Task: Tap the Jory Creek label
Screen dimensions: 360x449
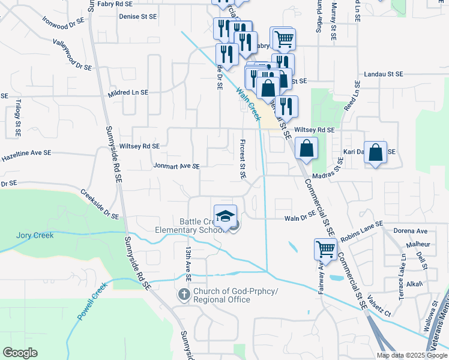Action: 35,235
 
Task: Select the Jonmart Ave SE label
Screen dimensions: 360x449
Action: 176,166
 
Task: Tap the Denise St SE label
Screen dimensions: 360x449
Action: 137,17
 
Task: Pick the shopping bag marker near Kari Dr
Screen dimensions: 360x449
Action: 376,152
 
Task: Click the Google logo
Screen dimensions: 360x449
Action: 20,353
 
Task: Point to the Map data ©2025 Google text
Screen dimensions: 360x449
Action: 411,355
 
